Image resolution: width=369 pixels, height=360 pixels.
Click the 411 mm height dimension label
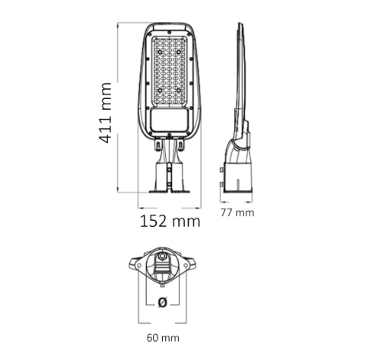pos(104,113)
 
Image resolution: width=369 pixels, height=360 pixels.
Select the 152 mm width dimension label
pos(170,221)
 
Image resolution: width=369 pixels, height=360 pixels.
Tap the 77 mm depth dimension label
pos(237,212)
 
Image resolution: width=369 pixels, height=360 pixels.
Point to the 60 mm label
pos(163,338)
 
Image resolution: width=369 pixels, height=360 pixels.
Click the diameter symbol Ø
pos(163,302)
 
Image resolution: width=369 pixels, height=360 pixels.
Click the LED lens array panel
pos(169,72)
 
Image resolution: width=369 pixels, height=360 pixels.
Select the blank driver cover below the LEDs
pos(170,119)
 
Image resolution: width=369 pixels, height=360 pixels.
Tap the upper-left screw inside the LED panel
pos(160,52)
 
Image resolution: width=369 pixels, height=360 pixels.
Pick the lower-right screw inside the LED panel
pos(179,90)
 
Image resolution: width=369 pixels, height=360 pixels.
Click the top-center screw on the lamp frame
pos(169,32)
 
